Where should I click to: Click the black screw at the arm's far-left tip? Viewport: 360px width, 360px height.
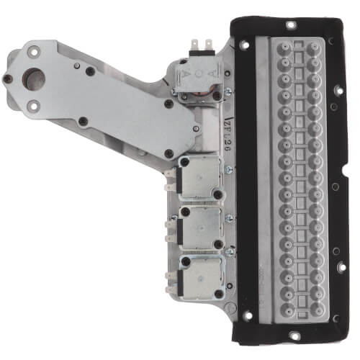pos(7,78)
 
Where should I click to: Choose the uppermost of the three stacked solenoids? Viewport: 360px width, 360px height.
pos(200,176)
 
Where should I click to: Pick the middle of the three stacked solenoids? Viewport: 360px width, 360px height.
pos(200,227)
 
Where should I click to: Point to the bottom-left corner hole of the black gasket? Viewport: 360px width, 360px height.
pos(246,317)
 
